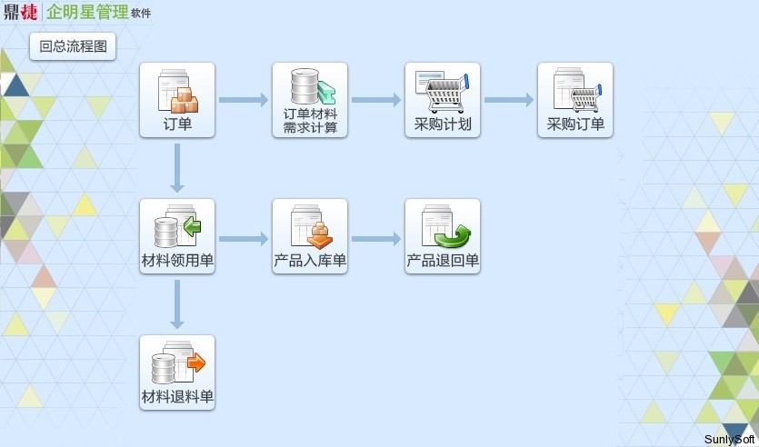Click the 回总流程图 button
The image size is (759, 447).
[73, 46]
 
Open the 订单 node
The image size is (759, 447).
[177, 100]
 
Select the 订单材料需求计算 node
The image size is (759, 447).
[310, 100]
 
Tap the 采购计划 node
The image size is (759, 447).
[443, 100]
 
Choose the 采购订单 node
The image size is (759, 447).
[575, 100]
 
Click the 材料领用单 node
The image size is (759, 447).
[177, 236]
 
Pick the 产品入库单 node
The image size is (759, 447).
[310, 236]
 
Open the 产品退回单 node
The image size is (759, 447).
[443, 236]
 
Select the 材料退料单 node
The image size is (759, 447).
[177, 372]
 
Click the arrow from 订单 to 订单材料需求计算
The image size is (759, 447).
[244, 100]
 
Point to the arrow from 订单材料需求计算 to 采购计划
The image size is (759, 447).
[376, 100]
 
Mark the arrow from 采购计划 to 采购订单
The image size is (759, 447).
[509, 100]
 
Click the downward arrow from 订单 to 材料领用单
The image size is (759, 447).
[177, 168]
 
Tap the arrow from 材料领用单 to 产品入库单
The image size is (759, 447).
[244, 239]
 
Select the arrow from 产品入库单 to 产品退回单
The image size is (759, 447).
[376, 239]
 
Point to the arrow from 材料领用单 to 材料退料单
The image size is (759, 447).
[177, 304]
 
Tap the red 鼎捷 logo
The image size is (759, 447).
[21, 13]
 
